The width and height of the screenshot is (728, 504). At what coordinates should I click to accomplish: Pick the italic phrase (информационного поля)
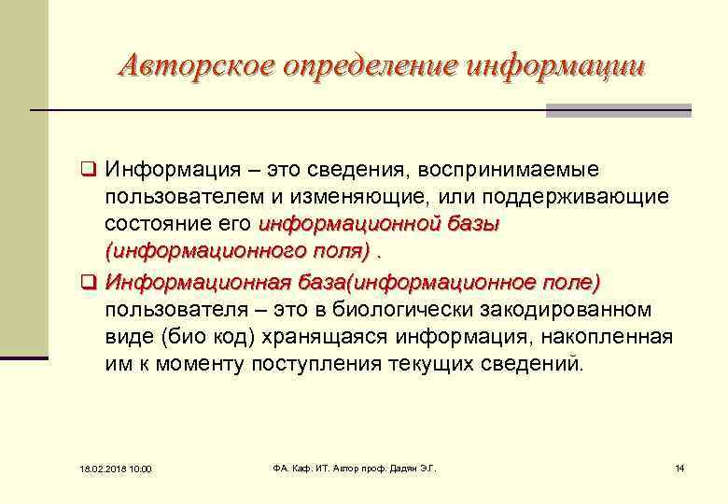pyautogui.click(x=237, y=252)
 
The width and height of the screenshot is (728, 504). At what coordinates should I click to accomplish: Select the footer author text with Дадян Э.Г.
pyautogui.click(x=347, y=467)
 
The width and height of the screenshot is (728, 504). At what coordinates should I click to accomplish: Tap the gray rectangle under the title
pyautogui.click(x=618, y=110)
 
